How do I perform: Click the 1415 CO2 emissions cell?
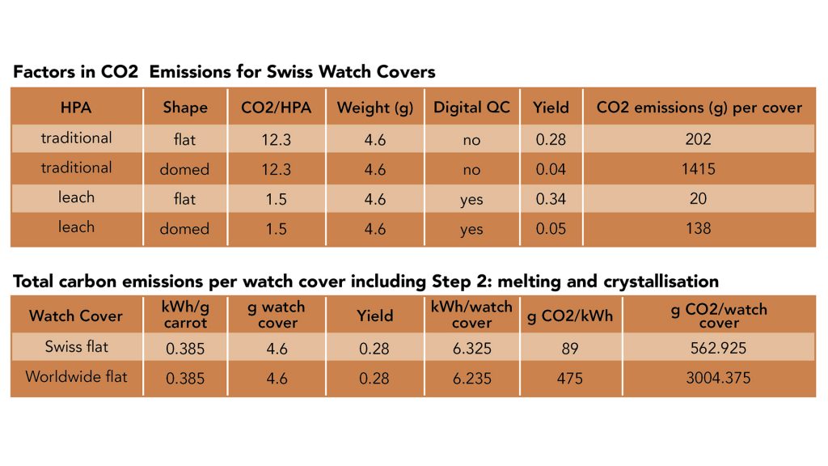(x=698, y=169)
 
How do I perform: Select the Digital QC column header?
(x=471, y=108)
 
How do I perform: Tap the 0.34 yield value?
(x=551, y=199)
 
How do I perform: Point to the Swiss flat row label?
(x=76, y=347)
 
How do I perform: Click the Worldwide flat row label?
(x=76, y=377)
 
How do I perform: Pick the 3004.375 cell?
(x=719, y=378)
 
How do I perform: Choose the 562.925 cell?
(x=719, y=349)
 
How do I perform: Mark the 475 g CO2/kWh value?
(x=570, y=378)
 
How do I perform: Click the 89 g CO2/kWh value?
(x=570, y=349)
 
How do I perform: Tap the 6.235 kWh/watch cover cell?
(x=472, y=378)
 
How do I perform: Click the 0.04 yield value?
(x=551, y=169)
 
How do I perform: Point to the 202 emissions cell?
(x=698, y=139)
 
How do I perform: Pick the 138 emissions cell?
(x=698, y=229)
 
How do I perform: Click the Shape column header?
(x=184, y=108)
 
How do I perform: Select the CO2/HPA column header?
(x=277, y=108)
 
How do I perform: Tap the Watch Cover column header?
(x=76, y=316)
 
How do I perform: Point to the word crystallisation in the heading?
(x=647, y=282)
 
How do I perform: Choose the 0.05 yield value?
(x=551, y=229)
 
